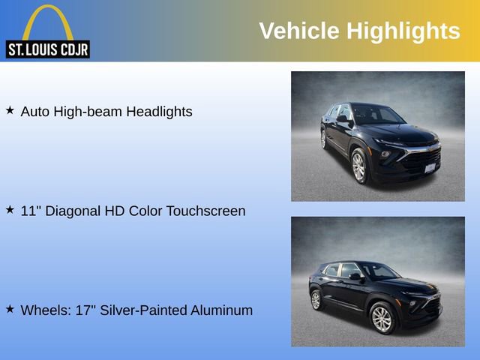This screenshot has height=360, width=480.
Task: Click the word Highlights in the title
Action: (403, 31)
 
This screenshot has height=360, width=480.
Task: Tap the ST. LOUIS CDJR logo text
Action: (48, 49)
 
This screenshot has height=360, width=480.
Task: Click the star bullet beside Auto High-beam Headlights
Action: (10, 110)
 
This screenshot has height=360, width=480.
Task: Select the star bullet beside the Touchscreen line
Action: (10, 210)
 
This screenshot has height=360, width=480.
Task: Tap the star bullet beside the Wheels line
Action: (10, 309)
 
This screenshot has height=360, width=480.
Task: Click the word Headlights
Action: (159, 112)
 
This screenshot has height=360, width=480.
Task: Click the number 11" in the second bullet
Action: (29, 211)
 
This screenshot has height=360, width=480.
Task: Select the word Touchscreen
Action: (206, 211)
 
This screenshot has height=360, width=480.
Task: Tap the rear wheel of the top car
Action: (323, 139)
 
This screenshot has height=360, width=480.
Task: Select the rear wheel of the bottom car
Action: (316, 300)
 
